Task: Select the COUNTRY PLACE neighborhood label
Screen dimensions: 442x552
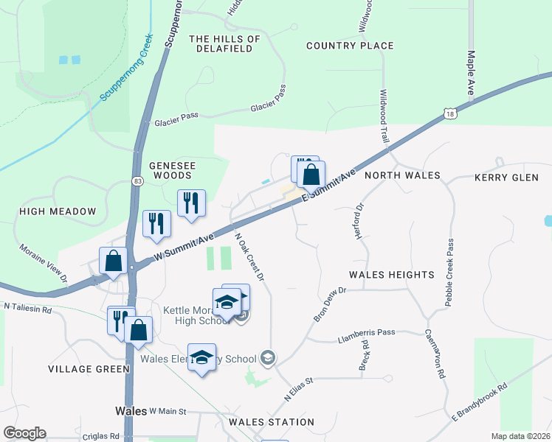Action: click(x=350, y=46)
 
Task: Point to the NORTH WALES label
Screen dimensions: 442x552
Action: click(x=402, y=176)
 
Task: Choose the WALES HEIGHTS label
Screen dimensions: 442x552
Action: click(x=392, y=275)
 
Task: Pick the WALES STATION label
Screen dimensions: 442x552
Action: click(x=272, y=422)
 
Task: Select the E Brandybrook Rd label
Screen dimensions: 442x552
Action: click(x=480, y=402)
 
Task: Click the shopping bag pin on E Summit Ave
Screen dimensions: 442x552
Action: click(x=311, y=175)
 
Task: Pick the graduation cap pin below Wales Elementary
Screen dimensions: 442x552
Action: click(x=201, y=357)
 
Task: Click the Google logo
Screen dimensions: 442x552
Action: click(x=24, y=433)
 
